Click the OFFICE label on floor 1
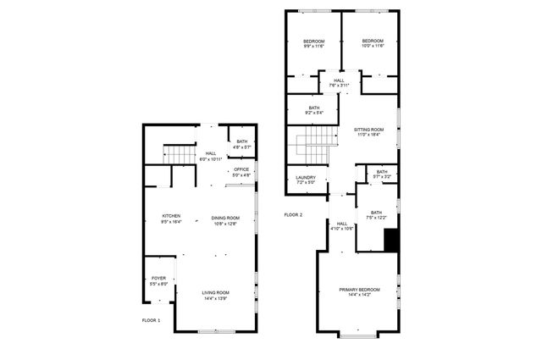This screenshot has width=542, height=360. click(x=241, y=173)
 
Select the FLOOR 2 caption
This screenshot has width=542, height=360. click(x=294, y=215)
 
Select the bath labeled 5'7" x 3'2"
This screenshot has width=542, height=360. click(x=382, y=174)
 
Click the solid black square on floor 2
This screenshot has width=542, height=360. click(x=390, y=242)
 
